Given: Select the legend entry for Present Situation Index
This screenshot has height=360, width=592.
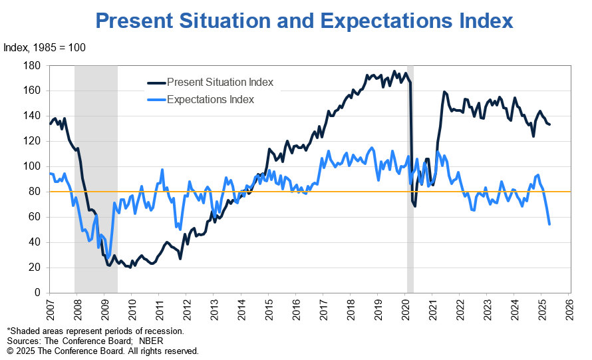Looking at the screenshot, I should tap(220, 83).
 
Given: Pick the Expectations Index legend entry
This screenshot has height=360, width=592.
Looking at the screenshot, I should tap(210, 100).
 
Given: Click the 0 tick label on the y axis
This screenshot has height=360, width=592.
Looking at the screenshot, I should tap(39, 293).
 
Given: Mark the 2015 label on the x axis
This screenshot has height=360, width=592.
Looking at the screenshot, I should tap(267, 308).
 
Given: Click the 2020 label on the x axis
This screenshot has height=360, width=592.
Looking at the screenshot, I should tap(404, 308).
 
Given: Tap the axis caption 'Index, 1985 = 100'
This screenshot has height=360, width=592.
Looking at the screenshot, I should tap(45, 48).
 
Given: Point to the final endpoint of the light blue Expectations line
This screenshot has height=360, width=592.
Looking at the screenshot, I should tap(549, 224).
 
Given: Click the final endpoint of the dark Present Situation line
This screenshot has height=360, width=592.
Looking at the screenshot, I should tap(549, 124).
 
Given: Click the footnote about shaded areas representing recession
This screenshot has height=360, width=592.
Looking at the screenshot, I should tap(94, 331).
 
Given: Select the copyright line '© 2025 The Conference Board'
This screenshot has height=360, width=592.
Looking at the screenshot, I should tap(102, 351).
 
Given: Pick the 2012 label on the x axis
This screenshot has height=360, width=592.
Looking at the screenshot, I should tap(186, 308).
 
